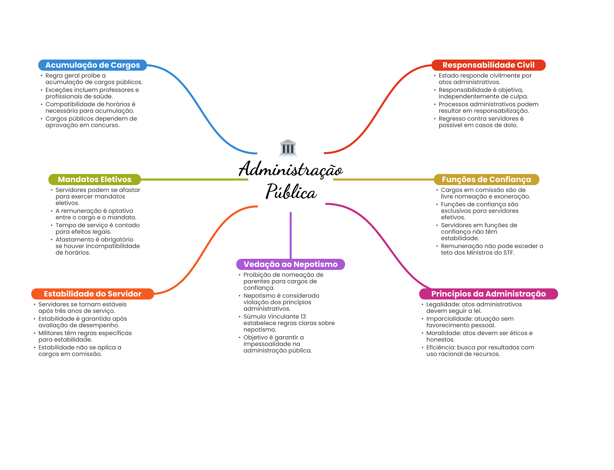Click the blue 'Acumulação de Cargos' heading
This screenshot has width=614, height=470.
[93, 65]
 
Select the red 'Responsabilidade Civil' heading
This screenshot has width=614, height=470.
[488, 65]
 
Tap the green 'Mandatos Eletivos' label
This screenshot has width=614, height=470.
[94, 179]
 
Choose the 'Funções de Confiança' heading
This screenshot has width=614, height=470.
[486, 179]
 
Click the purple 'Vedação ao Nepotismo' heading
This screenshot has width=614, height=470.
[291, 264]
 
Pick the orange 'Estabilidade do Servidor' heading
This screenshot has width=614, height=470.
[93, 294]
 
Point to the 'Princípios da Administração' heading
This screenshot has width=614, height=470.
[488, 294]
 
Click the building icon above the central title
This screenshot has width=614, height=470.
[288, 147]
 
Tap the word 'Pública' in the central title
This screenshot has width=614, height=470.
[291, 191]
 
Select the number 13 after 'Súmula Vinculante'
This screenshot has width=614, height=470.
[303, 317]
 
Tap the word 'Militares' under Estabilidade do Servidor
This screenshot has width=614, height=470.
[50, 333]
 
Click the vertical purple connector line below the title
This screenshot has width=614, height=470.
[291, 235]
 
